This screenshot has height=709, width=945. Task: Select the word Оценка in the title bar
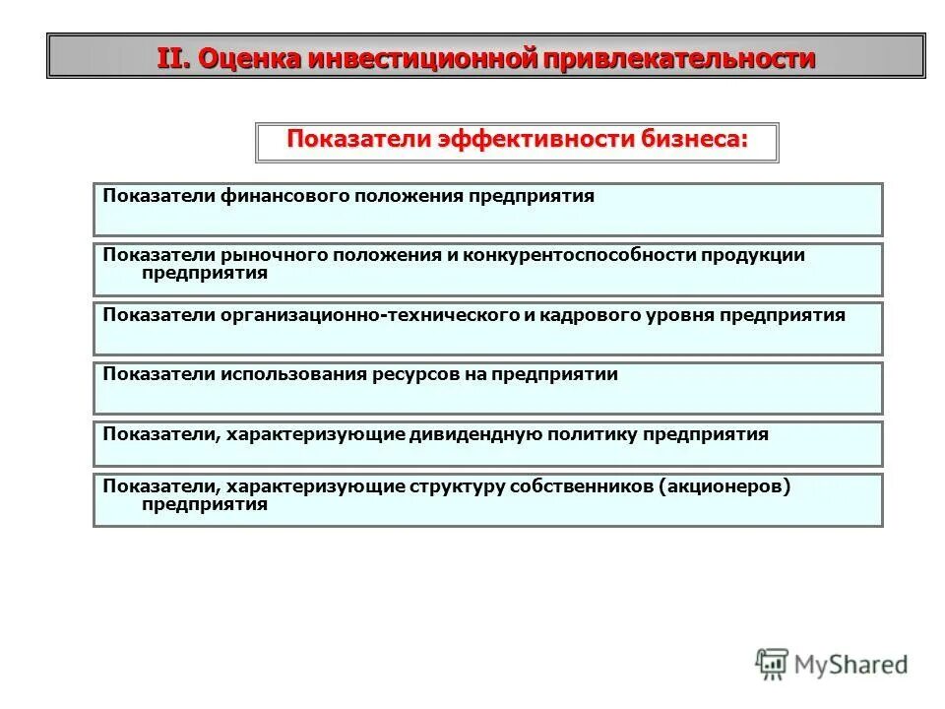point(250,58)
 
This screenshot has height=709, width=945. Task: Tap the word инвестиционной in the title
point(422,58)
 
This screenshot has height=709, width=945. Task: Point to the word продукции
point(753,255)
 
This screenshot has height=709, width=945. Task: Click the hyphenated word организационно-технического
point(369,315)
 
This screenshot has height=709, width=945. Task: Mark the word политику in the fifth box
point(600,434)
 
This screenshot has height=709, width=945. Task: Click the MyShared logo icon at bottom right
point(772,665)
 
